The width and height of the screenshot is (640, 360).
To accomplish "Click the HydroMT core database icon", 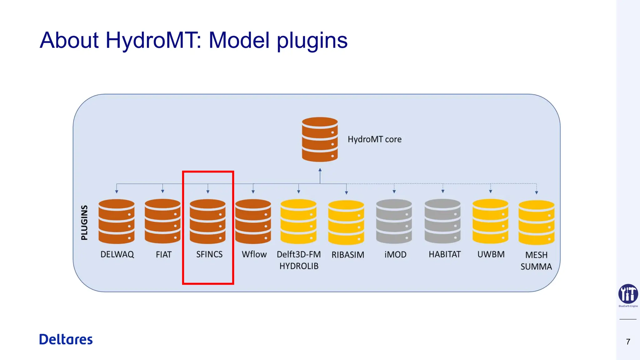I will click(x=320, y=139).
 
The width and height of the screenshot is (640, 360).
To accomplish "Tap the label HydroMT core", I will click(x=374, y=139).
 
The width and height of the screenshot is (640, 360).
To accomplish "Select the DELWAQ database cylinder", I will click(x=116, y=222).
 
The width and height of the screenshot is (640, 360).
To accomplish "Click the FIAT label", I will click(x=163, y=255).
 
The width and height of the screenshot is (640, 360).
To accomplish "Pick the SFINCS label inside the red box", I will click(x=209, y=254).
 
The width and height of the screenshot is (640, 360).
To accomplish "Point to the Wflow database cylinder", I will click(x=253, y=222).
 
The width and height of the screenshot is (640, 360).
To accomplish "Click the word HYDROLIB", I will click(x=299, y=266).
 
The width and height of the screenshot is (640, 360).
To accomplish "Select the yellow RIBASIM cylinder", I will click(x=346, y=222).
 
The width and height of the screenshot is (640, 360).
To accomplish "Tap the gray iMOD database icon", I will click(x=394, y=222).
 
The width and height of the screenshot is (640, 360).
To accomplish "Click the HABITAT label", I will click(x=444, y=254).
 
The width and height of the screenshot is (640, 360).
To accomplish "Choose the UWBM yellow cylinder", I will click(x=490, y=222).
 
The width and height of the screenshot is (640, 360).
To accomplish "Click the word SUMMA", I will click(x=536, y=267).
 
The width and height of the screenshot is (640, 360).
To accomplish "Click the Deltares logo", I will click(x=66, y=339).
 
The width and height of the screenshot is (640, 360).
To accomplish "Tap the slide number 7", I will click(x=628, y=342).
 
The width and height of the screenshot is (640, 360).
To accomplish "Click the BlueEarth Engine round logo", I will click(x=628, y=294).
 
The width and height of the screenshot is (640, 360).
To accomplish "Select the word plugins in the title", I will click(x=312, y=41).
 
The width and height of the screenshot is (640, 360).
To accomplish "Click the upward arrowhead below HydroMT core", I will click(x=320, y=170).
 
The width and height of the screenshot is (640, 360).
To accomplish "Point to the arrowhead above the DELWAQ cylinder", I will click(x=117, y=192).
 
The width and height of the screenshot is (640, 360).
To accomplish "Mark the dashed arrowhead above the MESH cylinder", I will click(x=536, y=193).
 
